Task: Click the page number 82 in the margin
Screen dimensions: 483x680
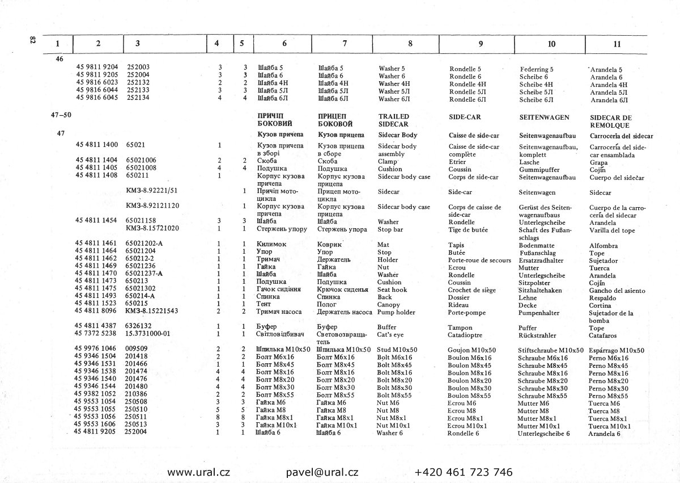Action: click(x=32, y=41)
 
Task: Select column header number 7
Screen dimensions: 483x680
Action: click(x=345, y=43)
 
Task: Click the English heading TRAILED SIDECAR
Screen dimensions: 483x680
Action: click(x=394, y=120)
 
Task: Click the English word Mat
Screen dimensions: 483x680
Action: click(x=383, y=245)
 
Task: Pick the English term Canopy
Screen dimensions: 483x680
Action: click(x=388, y=304)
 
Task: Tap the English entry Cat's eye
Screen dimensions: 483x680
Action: click(x=390, y=334)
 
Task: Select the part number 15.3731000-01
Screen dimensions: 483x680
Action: click(x=148, y=334)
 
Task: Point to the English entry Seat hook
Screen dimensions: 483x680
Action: click(x=392, y=289)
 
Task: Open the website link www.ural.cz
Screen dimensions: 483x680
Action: click(x=198, y=472)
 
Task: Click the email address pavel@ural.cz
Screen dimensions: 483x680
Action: click(x=322, y=472)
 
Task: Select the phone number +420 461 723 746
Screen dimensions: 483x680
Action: click(x=464, y=472)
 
